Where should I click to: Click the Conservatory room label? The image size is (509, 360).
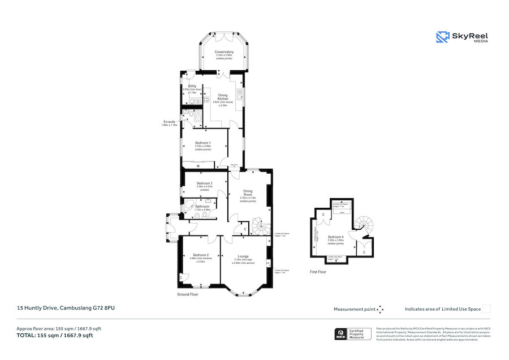tap(224, 52)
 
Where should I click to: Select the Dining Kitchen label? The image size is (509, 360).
tap(223, 97)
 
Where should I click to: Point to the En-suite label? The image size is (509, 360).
tap(169, 122)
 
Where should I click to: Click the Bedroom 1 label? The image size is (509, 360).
tap(202, 143)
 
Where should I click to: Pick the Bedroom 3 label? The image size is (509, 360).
tap(205, 183)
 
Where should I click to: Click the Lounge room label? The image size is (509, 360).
tap(243, 256)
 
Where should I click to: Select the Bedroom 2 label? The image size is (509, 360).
tap(200, 255)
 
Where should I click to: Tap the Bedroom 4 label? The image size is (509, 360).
tap(335, 237)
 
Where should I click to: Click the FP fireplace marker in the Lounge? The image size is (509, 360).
tap(268, 262)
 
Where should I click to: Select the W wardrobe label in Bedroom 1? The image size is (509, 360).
tap(198, 166)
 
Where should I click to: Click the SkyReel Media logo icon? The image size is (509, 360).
tap(442, 37)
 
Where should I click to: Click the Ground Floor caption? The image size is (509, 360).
tap(188, 294)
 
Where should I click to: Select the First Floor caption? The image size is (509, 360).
tap(318, 272)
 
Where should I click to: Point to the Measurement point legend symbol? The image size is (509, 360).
tap(380, 309)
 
